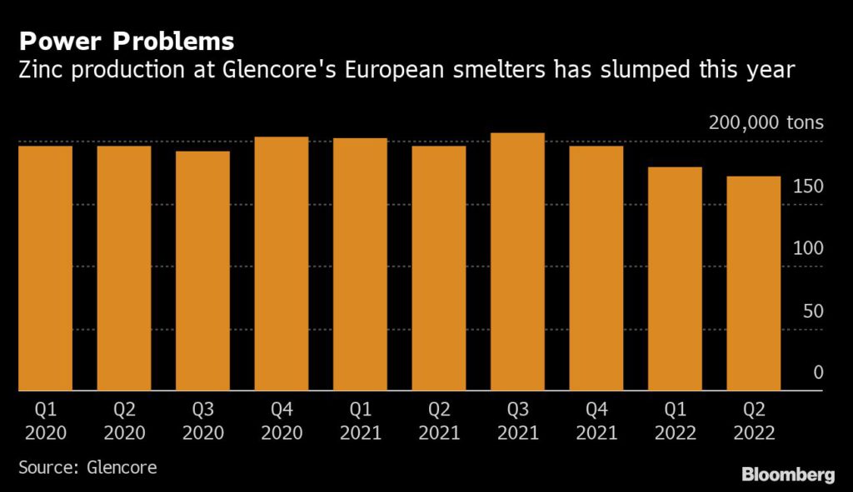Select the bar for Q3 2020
click(x=202, y=271)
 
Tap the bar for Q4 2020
click(x=282, y=263)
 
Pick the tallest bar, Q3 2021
click(x=517, y=261)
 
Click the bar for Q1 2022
click(x=675, y=279)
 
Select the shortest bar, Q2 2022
click(x=754, y=283)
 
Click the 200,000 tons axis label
click(x=766, y=123)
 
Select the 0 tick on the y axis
click(x=818, y=373)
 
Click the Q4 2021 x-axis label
click(x=596, y=421)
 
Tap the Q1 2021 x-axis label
click(x=360, y=421)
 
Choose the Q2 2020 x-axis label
click(x=124, y=421)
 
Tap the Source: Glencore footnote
click(x=87, y=467)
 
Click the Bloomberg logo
click(x=787, y=475)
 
